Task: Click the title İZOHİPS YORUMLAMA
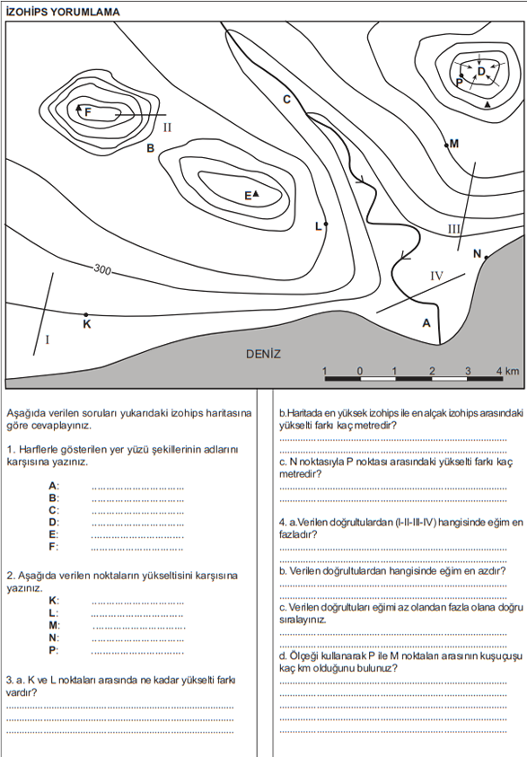(x=63, y=12)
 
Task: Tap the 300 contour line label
(x=102, y=268)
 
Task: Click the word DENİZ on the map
(x=263, y=354)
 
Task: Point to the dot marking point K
(x=86, y=315)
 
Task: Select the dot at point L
(x=326, y=224)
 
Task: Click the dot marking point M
(x=446, y=145)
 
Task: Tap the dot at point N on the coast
(x=486, y=258)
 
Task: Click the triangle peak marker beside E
(x=256, y=194)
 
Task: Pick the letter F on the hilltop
(x=88, y=112)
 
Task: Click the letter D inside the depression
(x=481, y=72)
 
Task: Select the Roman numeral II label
(x=167, y=128)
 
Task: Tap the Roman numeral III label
(x=453, y=229)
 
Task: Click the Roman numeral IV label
(x=436, y=276)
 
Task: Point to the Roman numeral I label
(x=48, y=339)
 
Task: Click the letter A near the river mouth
(x=426, y=323)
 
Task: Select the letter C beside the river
(x=286, y=100)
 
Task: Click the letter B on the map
(x=151, y=148)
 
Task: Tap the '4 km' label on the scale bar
(x=507, y=371)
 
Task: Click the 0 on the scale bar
(x=360, y=371)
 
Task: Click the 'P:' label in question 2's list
(x=53, y=650)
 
